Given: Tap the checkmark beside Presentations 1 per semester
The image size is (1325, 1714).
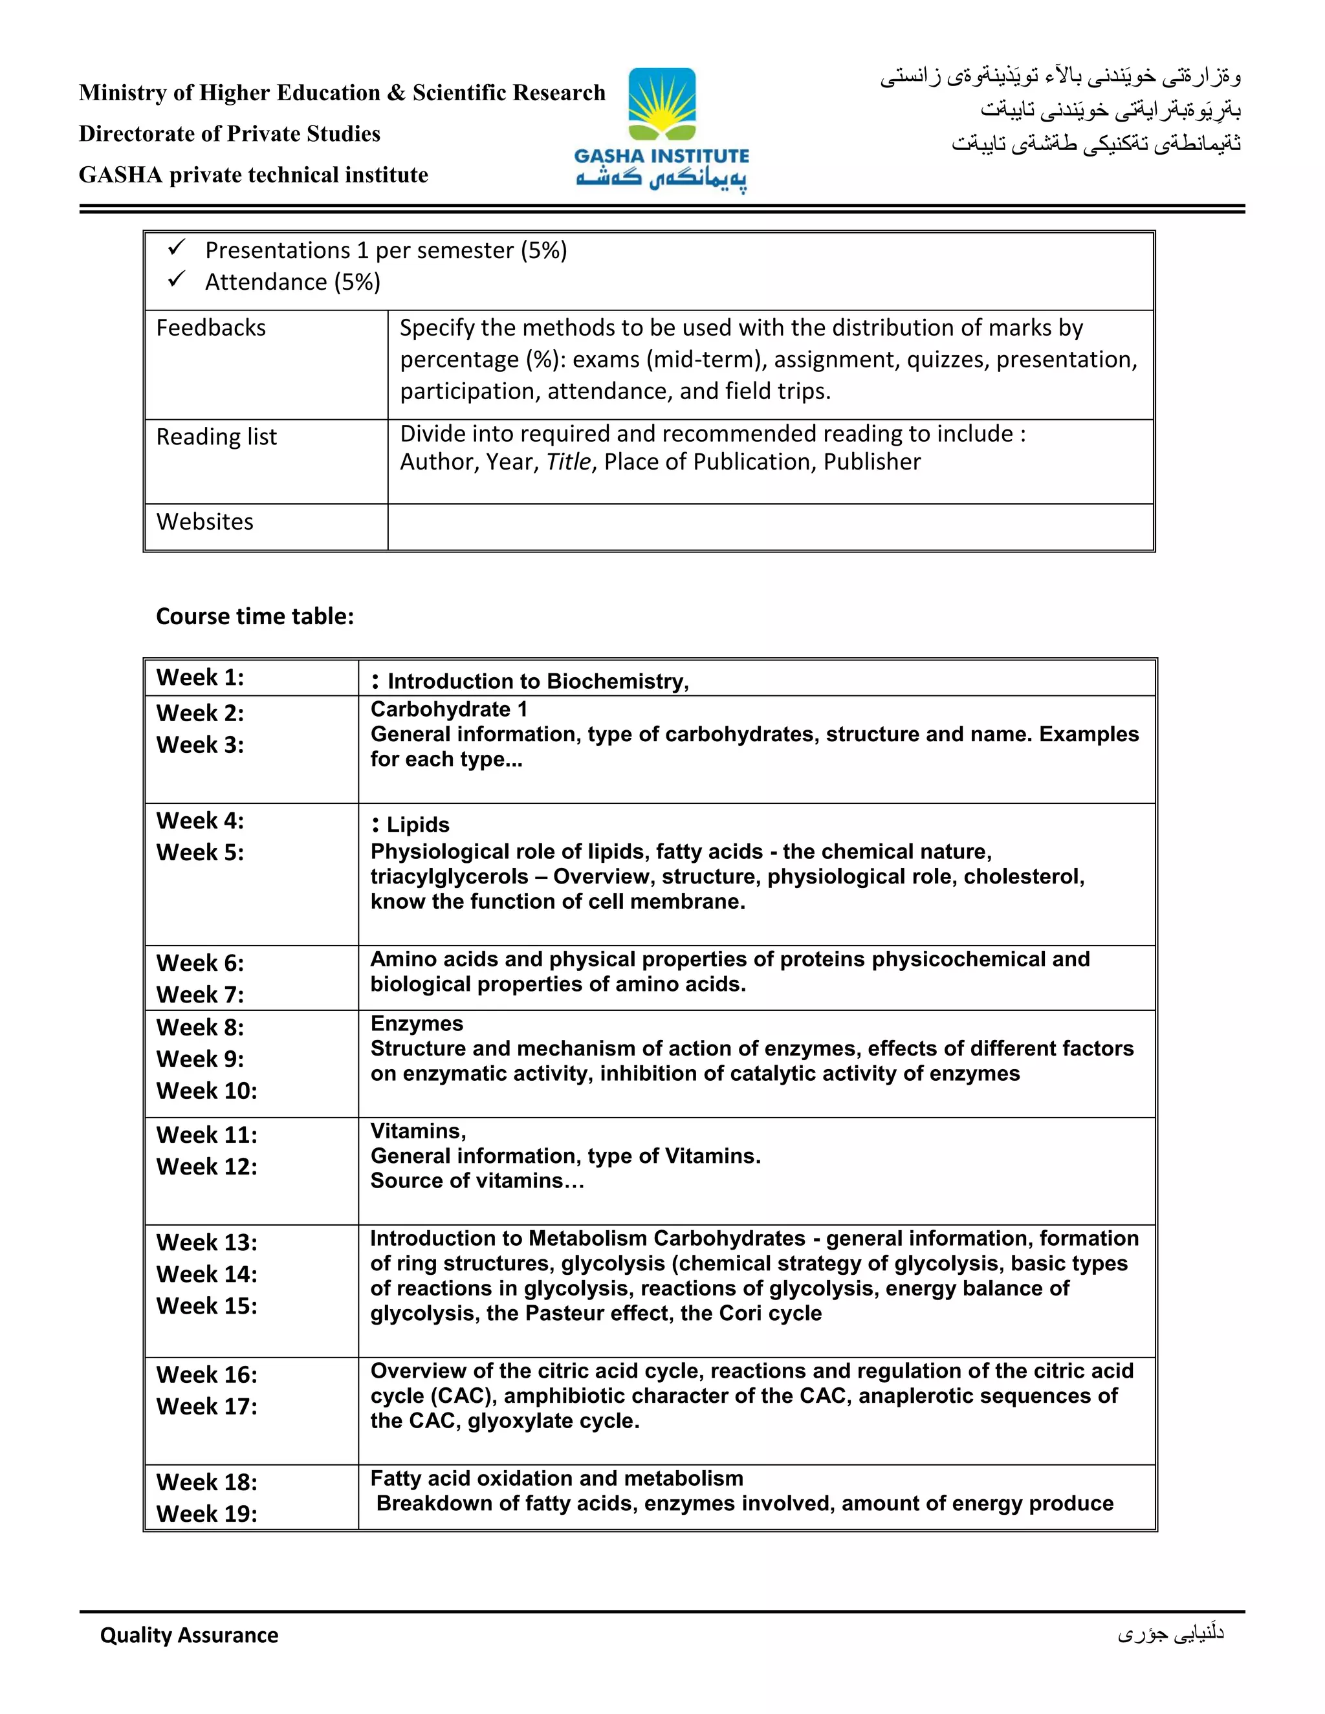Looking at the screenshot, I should click(x=177, y=249).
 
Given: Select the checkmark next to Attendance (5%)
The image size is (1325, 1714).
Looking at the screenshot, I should click(x=177, y=279).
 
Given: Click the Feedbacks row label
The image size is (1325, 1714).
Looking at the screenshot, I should click(x=210, y=328).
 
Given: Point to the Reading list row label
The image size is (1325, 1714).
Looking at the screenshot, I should click(x=216, y=437).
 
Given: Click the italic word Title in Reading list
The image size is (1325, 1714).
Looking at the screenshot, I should click(x=568, y=462).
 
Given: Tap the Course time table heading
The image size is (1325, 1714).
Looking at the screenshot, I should click(x=254, y=616).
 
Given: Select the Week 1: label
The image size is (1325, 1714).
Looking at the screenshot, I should click(x=199, y=678).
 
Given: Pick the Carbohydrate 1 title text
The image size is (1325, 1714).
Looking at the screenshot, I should click(x=448, y=710).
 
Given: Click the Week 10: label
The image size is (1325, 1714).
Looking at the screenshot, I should click(x=206, y=1091).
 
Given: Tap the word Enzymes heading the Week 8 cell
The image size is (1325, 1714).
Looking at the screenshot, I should click(x=416, y=1024).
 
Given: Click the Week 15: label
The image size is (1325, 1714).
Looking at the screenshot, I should click(x=206, y=1306).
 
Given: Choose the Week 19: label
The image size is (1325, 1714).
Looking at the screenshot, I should click(x=206, y=1514).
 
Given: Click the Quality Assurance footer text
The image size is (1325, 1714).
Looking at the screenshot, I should click(x=188, y=1634).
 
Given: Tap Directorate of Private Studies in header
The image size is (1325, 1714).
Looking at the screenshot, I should click(x=229, y=134).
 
